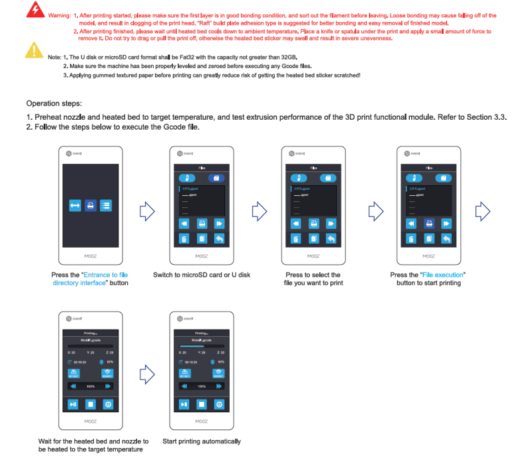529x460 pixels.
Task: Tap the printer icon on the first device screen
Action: (x=90, y=205)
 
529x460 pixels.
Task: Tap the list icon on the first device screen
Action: (x=105, y=205)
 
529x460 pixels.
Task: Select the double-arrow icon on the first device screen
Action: (x=75, y=205)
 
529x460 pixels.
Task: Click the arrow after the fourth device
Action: (x=483, y=211)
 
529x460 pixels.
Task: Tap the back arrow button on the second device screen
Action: (x=219, y=238)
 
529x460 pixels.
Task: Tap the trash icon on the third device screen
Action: (x=296, y=238)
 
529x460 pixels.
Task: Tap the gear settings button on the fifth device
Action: (x=108, y=404)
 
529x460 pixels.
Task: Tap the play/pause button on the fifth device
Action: (x=73, y=404)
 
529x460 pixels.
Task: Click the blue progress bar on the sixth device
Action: (x=192, y=345)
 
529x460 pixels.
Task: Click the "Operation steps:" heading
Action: (x=54, y=104)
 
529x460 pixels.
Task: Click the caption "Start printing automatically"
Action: (x=201, y=441)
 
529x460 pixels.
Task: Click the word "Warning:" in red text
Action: (x=60, y=15)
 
